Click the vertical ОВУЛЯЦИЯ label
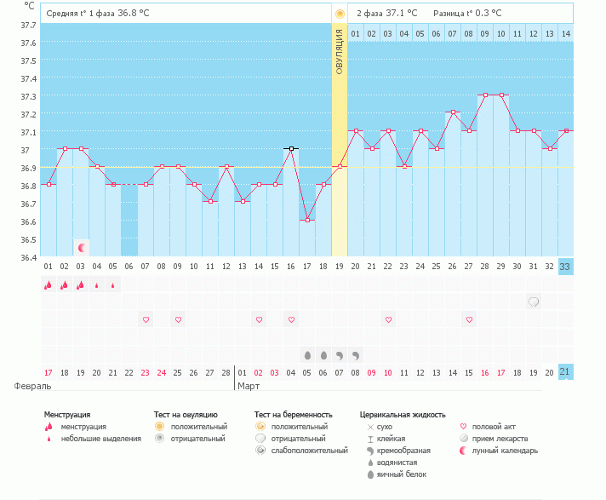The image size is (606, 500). tap(339, 51)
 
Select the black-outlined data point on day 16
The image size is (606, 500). tap(290, 148)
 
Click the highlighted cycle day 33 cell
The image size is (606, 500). tap(566, 266)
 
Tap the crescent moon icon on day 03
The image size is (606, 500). tap(82, 247)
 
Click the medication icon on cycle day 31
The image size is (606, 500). tap(534, 302)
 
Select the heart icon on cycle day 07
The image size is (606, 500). tap(146, 319)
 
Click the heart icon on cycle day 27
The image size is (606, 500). tap(469, 319)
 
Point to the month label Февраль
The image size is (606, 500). tap(28, 386)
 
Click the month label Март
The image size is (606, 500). tap(249, 386)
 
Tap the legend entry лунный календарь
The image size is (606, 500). tap(498, 450)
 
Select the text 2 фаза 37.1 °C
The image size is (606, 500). tap(386, 14)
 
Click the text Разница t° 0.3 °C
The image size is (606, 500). tap(467, 14)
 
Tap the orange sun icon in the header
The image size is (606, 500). tap(340, 14)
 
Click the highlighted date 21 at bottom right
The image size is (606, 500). tap(566, 371)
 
